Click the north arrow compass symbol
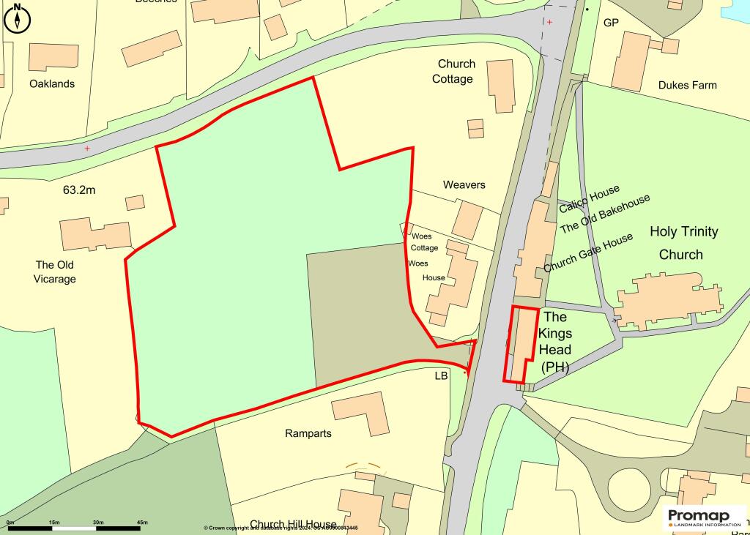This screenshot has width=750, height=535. coord(17,18)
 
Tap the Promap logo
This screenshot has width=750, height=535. coord(704,517)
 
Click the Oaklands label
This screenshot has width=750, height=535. coord(52,83)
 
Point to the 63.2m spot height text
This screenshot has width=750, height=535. coord(79,190)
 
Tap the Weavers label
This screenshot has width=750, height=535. coord(464,184)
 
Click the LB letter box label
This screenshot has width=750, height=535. coord(441,376)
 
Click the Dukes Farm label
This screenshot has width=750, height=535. coord(688,85)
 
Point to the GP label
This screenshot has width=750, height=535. coord(611,23)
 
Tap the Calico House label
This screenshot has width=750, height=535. coord(590,199)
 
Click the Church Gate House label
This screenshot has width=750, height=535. coord(588,252)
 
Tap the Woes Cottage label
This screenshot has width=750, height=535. coord(424,242)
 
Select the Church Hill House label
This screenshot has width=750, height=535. coord(293,524)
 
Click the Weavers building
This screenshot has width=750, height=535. coord(467,220)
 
